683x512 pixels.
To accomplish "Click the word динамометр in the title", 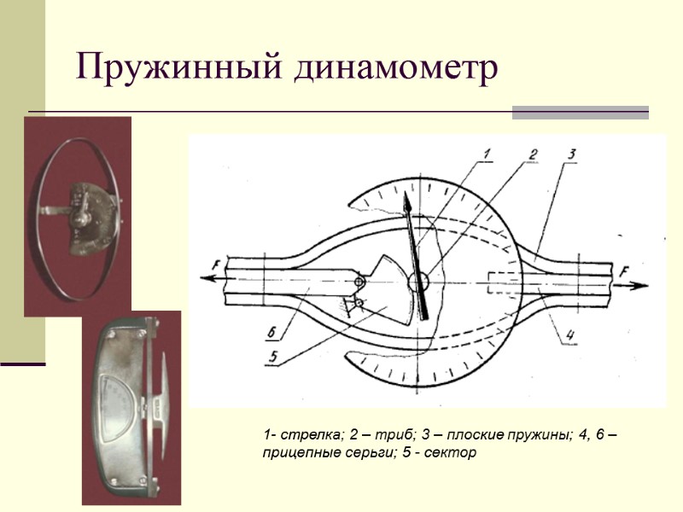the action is tap(395, 68).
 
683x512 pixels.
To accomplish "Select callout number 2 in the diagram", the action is tap(532, 154).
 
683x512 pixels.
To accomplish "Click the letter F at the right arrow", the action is tap(624, 271).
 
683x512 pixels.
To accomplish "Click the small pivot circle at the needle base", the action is tap(418, 281).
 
